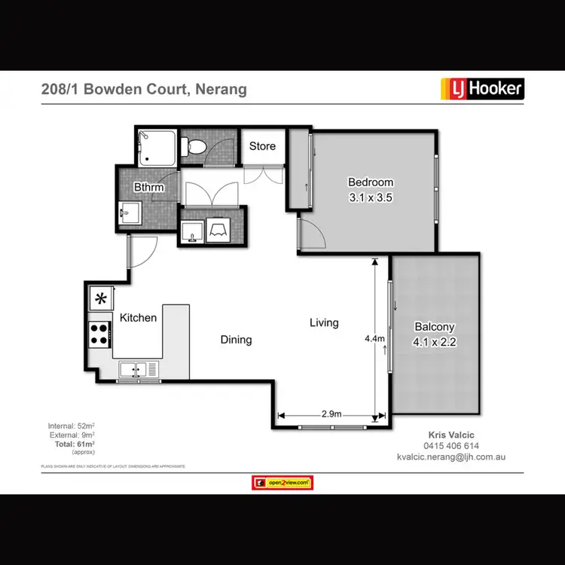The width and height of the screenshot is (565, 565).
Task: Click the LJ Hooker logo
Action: [481, 89]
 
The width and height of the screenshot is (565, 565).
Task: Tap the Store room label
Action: [262, 146]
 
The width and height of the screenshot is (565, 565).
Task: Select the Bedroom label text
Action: [370, 182]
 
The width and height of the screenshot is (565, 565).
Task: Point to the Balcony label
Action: [435, 327]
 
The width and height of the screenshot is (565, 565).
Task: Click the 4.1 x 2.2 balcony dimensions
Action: [435, 341]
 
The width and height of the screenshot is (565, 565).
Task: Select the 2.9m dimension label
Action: [331, 414]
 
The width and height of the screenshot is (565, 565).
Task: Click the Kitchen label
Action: [139, 318]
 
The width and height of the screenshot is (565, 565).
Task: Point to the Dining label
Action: [236, 340]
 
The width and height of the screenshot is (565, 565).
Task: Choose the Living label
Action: [324, 322]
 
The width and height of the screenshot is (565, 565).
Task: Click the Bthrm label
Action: [148, 187]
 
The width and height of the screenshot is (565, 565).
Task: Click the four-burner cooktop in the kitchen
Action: [99, 333]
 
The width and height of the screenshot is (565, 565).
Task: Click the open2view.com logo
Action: [282, 483]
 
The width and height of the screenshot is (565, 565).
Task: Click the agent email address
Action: [451, 457]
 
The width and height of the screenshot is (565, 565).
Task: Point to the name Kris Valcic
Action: [451, 435]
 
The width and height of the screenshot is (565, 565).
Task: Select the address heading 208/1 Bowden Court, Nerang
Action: [143, 90]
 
